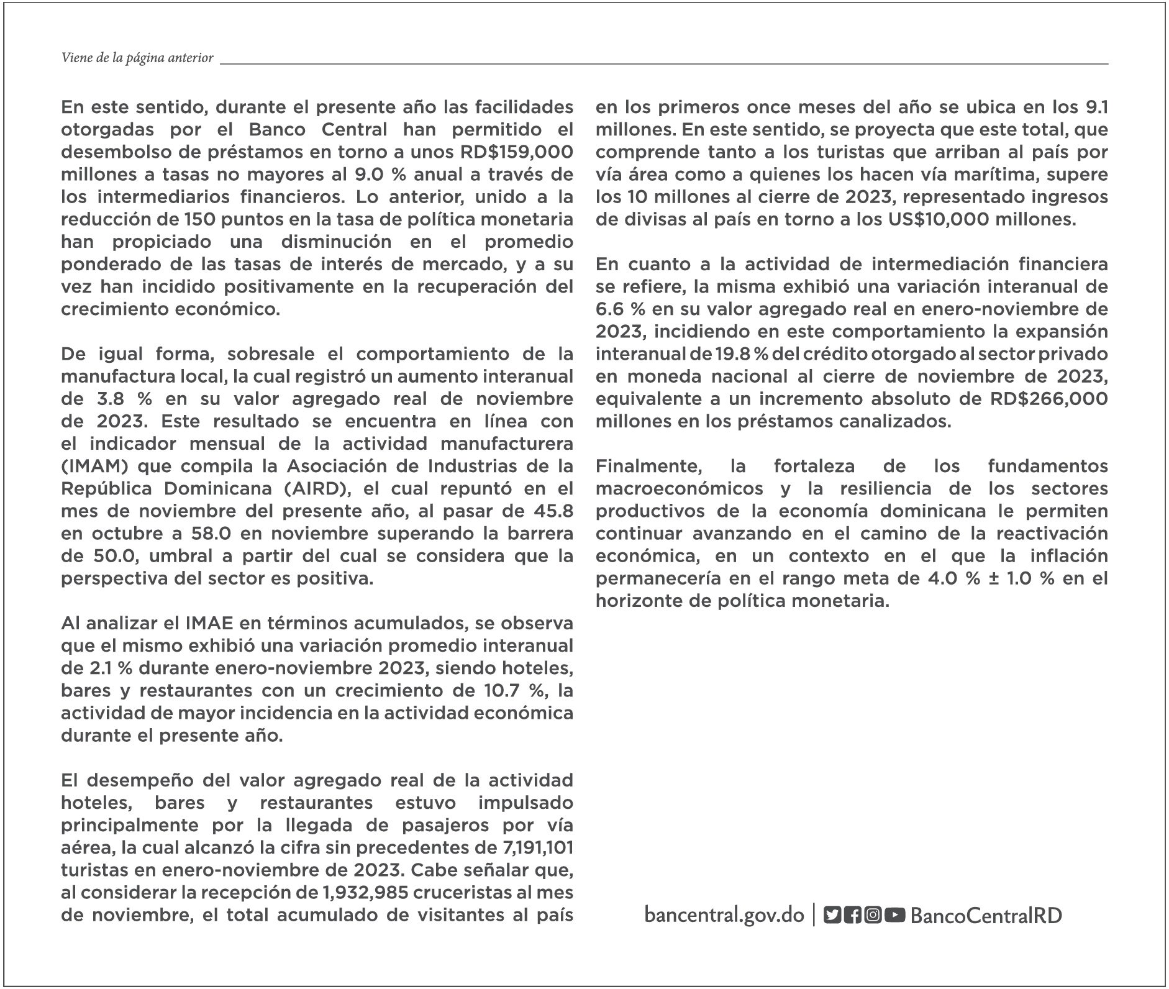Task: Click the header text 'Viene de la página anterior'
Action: [137, 58]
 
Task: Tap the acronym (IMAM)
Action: [93, 467]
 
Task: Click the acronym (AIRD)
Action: [317, 489]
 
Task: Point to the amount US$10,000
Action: [939, 219]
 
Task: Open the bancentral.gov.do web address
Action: [724, 915]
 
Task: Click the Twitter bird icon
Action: [832, 915]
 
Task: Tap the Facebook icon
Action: [853, 915]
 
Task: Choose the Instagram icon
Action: [873, 915]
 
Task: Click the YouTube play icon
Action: [894, 915]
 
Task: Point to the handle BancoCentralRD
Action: [986, 916]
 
